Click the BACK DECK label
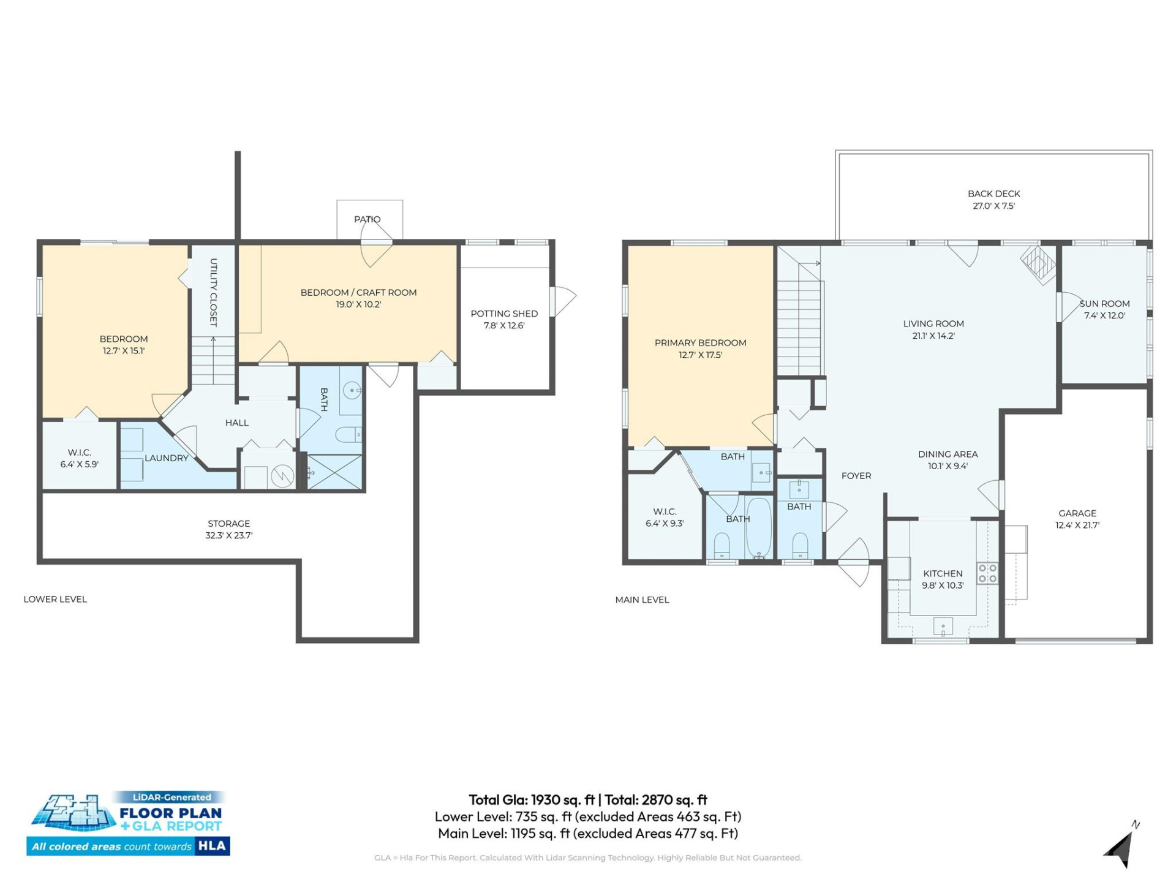click(993, 194)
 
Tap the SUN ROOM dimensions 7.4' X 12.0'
click(1104, 316)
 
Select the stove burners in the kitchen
click(987, 573)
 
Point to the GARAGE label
click(1077, 513)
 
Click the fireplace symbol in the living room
click(1038, 263)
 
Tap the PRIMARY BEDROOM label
click(700, 343)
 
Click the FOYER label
click(856, 476)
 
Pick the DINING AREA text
click(948, 454)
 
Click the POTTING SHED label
click(504, 314)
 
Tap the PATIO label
click(367, 219)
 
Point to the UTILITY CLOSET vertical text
click(213, 292)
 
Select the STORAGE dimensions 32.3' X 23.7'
click(228, 535)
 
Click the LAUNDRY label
click(166, 458)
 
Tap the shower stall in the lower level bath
click(334, 472)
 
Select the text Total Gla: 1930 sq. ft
click(531, 800)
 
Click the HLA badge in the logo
click(213, 846)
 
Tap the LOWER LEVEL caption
click(55, 599)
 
